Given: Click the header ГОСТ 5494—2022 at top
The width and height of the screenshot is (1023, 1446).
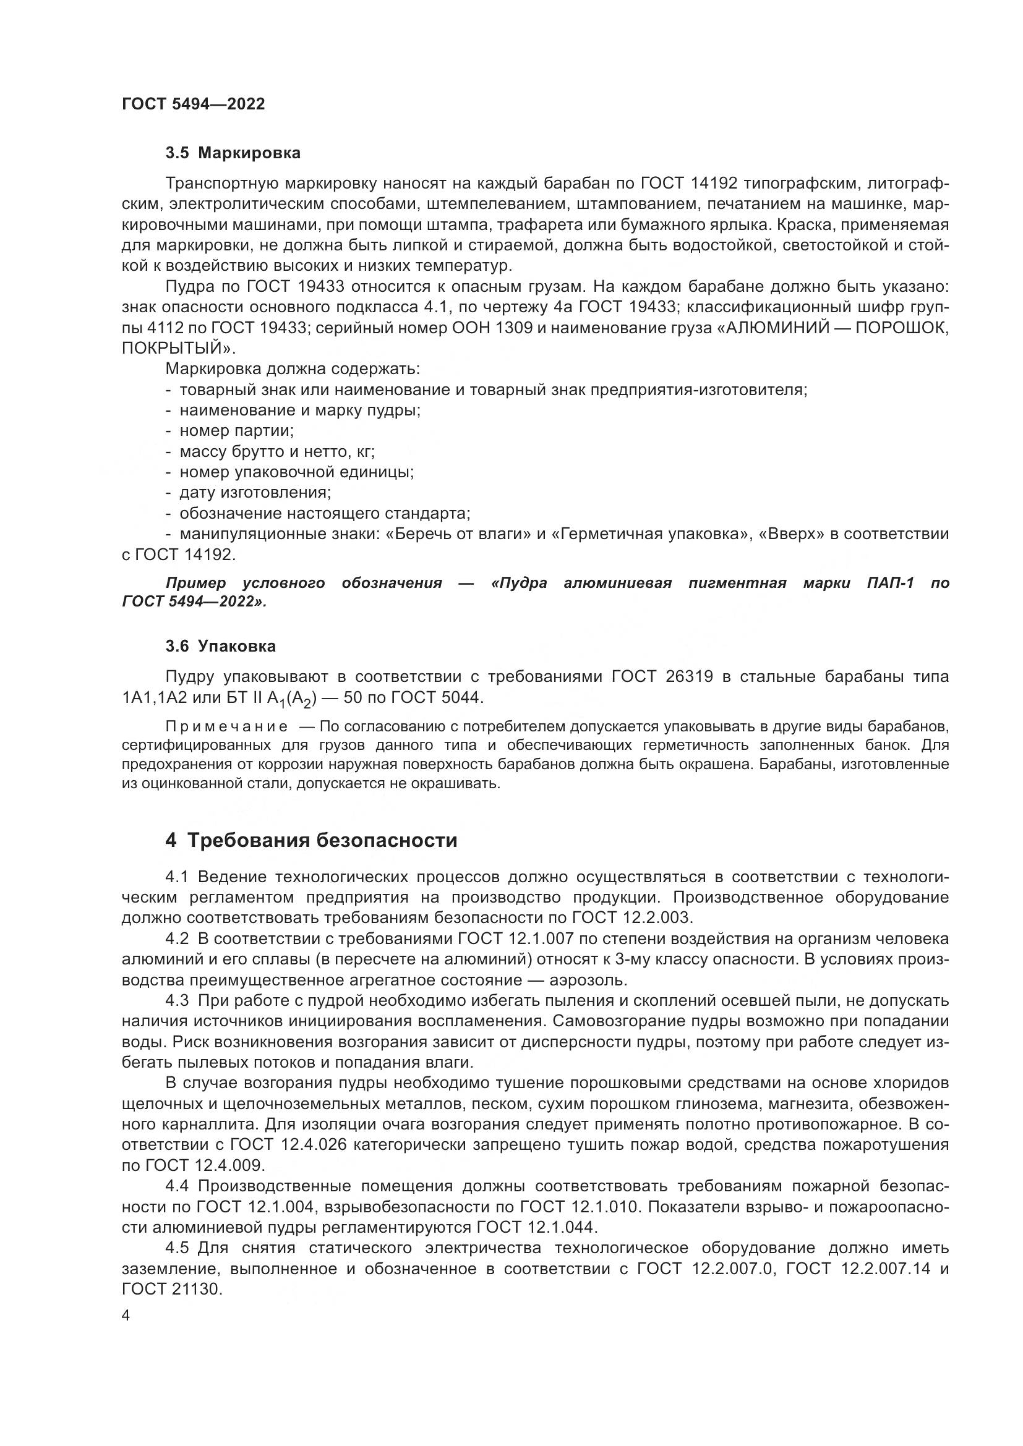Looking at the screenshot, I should [x=194, y=104].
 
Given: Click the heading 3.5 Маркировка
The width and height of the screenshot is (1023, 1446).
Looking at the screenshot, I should [x=233, y=153].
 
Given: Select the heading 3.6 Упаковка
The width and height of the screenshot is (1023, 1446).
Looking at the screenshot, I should [x=220, y=646].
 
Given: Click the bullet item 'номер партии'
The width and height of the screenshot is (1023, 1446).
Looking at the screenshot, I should [x=236, y=431].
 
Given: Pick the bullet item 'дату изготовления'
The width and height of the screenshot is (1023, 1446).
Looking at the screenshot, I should [x=255, y=493].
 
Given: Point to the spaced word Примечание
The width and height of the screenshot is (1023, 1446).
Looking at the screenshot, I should [x=205, y=727].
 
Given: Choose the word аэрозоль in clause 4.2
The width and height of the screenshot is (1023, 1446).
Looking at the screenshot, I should [x=588, y=980].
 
